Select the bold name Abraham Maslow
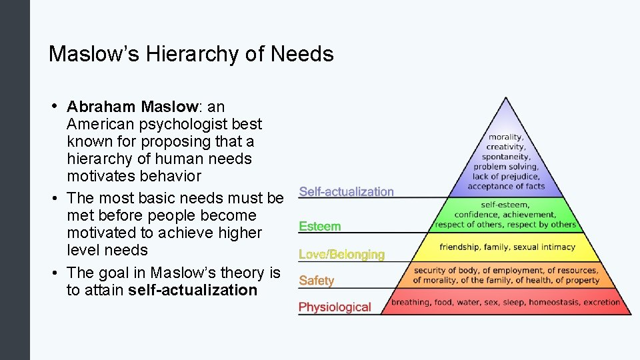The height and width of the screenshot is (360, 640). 132,107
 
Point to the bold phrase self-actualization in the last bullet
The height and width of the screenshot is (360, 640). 193,290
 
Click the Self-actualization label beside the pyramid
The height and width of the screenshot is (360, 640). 346,191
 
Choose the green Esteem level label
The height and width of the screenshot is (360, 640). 319,227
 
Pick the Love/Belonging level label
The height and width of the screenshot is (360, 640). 341,254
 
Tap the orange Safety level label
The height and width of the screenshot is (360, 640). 316,281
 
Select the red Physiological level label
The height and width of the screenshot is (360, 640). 335,307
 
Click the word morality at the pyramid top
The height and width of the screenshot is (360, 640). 505,137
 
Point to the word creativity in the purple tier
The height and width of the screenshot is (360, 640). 505,147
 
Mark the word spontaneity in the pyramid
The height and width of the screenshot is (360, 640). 505,157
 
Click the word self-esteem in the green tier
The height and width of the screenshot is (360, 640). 505,205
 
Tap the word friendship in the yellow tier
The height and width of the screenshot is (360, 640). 459,247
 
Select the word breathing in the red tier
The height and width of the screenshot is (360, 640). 411,302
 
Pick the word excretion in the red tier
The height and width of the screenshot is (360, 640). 602,302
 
